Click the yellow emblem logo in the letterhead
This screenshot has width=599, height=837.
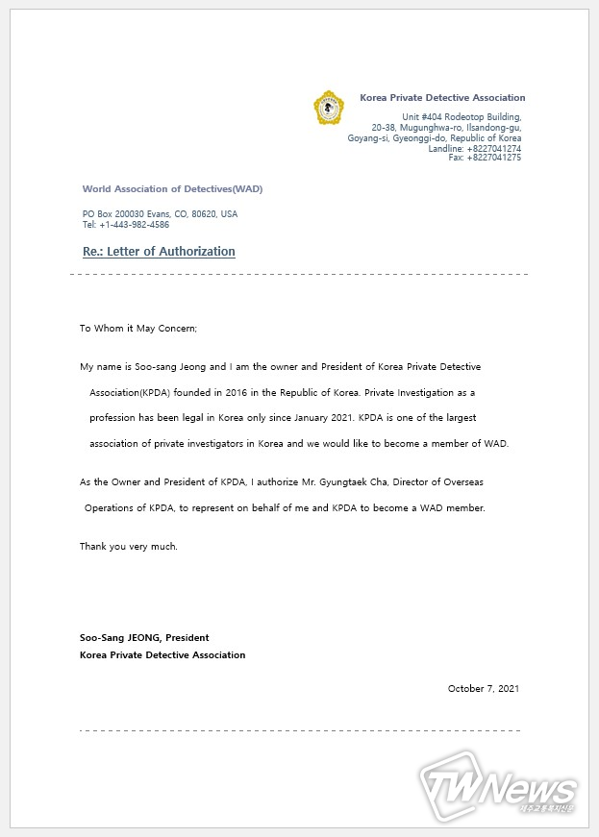329,108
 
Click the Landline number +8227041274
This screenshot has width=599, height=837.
488,149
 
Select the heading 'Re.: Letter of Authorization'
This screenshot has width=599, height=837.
159,252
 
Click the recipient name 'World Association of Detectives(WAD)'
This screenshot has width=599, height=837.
172,189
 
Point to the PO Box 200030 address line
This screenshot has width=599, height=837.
160,214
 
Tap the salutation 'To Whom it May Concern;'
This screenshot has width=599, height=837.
137,329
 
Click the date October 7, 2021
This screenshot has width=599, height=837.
484,688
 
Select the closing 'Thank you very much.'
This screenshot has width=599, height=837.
128,547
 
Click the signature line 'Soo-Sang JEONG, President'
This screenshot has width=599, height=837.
144,638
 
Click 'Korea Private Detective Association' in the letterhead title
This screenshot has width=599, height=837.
442,98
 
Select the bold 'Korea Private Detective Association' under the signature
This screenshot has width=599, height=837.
162,655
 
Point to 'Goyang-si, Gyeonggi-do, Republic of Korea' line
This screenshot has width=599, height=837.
435,138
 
